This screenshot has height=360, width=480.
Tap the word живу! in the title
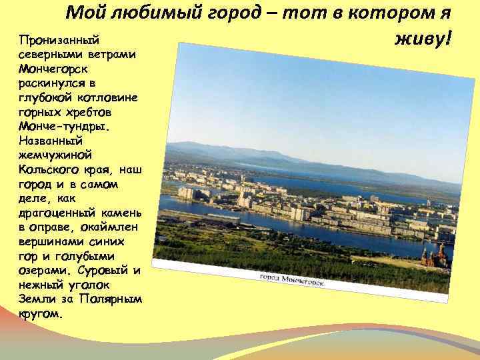(x=423, y=38)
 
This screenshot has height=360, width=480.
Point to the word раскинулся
(x=53, y=83)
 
